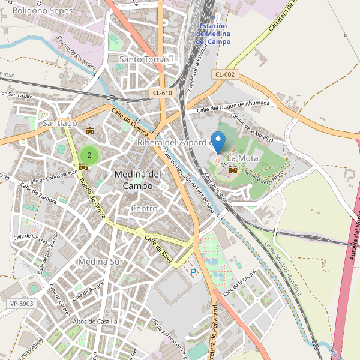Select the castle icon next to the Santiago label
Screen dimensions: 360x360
(x=91, y=130)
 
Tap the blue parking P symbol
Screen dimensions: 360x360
(x=193, y=272)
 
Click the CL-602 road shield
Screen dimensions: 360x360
(x=225, y=74)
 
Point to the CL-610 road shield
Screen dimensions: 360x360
(x=163, y=92)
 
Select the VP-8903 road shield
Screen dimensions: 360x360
(x=22, y=304)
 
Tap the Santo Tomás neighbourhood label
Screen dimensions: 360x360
(x=145, y=59)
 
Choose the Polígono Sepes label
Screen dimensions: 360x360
(x=37, y=11)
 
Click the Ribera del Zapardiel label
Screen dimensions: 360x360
(x=175, y=143)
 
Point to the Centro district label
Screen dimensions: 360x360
(x=144, y=208)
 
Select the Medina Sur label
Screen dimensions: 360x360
(x=101, y=262)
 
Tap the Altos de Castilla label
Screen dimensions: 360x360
(x=95, y=322)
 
